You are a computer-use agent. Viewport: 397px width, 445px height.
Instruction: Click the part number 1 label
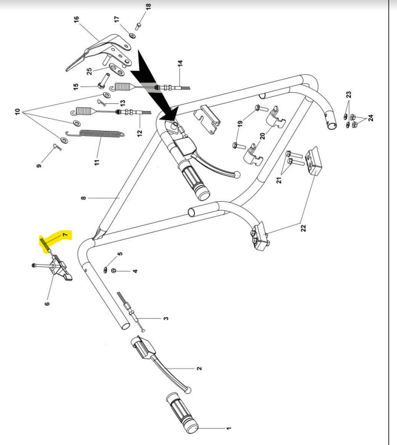click(228, 429)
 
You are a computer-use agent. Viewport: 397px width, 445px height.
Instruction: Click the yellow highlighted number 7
click(64, 233)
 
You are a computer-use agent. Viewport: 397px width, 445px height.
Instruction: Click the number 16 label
click(76, 26)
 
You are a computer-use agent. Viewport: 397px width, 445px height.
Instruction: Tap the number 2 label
click(198, 369)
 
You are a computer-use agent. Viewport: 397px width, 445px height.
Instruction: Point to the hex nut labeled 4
click(114, 271)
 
